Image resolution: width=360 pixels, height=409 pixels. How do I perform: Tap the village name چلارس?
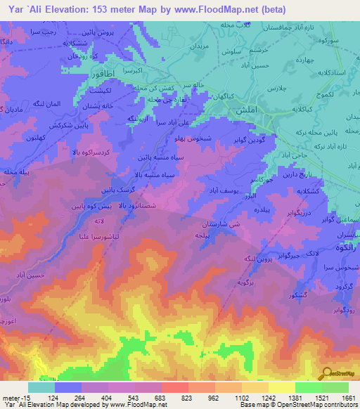pos(283,88)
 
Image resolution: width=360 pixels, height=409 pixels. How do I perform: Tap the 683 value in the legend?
pos(160,397)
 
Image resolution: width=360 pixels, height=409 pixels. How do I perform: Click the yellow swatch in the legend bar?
pos(281,387)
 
